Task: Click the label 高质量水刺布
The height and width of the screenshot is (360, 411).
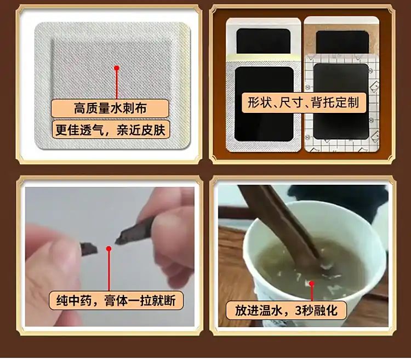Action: (110, 108)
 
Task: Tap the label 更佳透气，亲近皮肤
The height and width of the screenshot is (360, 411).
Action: (111, 130)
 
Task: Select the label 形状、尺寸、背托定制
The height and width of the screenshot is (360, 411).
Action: (304, 102)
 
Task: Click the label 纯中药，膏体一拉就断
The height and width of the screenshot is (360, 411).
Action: (116, 300)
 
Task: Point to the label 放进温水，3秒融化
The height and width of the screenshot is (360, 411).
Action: (286, 311)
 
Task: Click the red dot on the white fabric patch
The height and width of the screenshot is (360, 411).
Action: (117, 68)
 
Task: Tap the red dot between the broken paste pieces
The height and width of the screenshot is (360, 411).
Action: (109, 248)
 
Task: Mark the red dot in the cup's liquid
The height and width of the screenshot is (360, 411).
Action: (312, 283)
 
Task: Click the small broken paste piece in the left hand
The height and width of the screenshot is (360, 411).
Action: (89, 249)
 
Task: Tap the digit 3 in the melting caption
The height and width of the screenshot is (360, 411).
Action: (299, 311)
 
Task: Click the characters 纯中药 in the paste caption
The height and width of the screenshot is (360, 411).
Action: (74, 300)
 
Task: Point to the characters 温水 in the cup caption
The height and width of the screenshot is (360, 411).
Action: (271, 311)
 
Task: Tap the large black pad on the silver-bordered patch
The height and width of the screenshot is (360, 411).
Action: (264, 104)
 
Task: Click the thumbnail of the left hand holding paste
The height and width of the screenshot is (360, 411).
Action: (110, 256)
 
